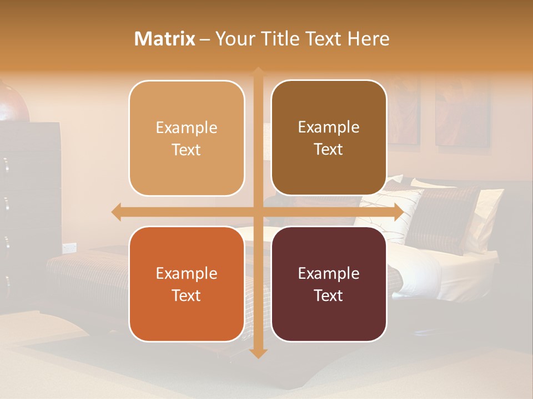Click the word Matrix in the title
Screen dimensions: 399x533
pyautogui.click(x=165, y=39)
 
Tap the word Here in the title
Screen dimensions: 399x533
pyautogui.click(x=368, y=39)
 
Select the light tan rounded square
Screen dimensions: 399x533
pyautogui.click(x=187, y=138)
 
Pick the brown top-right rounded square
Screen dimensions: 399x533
pyautogui.click(x=329, y=138)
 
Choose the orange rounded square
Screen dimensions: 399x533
pyautogui.click(x=187, y=284)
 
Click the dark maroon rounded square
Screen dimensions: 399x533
pyautogui.click(x=329, y=284)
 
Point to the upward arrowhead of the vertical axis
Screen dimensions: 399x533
pyautogui.click(x=258, y=73)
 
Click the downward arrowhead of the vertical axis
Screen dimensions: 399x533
pyautogui.click(x=258, y=353)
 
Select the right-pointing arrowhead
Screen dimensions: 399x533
pyautogui.click(x=398, y=212)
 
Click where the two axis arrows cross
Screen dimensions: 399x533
pyautogui.click(x=258, y=212)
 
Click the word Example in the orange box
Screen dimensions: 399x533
pyautogui.click(x=187, y=273)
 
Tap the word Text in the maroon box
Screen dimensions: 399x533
pyautogui.click(x=329, y=295)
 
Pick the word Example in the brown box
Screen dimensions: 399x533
pyautogui.click(x=329, y=127)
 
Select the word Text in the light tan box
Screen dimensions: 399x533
pyautogui.click(x=187, y=150)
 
